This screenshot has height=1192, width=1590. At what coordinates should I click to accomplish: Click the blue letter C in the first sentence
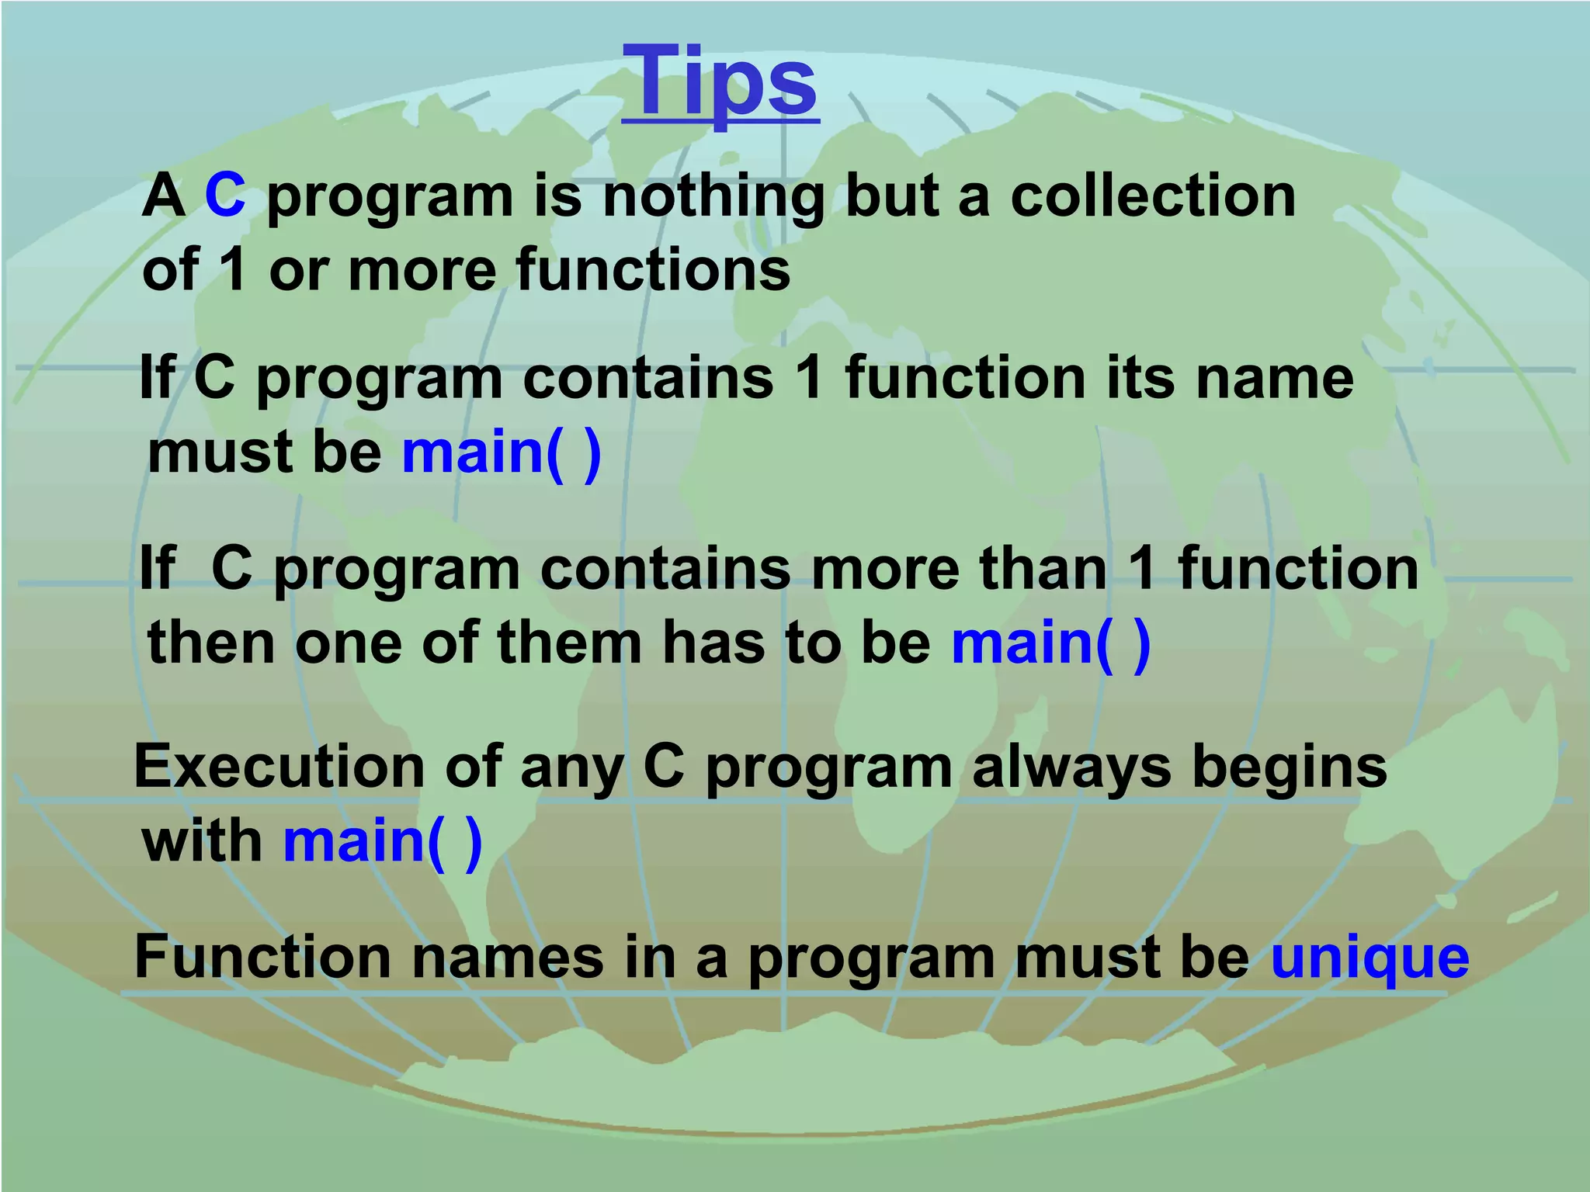[x=225, y=195]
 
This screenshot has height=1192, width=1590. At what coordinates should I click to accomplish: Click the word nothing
[x=713, y=196]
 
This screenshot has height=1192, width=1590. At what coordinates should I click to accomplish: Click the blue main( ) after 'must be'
[x=502, y=452]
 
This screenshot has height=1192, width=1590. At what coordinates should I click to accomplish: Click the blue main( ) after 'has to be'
[x=1050, y=643]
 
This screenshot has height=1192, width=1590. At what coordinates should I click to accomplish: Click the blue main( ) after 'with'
[x=383, y=842]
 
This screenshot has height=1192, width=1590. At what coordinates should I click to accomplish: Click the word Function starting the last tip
[x=262, y=957]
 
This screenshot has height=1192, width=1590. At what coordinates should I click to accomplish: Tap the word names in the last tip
[x=508, y=957]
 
